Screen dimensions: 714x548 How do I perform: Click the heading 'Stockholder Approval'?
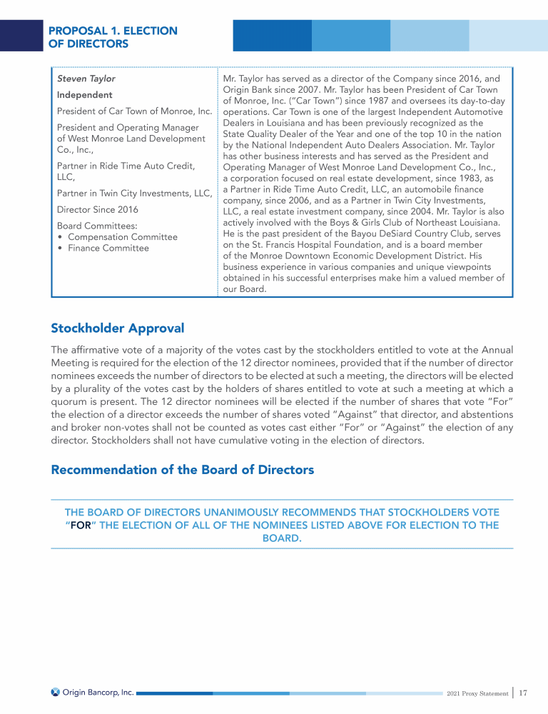[117, 328]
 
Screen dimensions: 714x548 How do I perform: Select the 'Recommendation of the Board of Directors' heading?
[182, 470]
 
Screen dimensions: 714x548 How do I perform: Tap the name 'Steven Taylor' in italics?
[86, 79]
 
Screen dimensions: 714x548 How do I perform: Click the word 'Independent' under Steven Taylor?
[84, 95]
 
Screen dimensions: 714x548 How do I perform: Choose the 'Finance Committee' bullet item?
[108, 248]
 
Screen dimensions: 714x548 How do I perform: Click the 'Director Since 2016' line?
[98, 210]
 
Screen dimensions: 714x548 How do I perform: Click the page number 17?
[523, 693]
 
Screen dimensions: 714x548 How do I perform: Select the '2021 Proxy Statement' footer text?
[477, 693]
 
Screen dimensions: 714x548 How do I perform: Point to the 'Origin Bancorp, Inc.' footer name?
[98, 692]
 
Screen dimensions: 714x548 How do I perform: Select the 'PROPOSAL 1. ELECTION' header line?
[112, 31]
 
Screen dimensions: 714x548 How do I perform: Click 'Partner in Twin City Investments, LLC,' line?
[134, 193]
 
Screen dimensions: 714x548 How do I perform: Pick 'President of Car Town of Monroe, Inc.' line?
[134, 111]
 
